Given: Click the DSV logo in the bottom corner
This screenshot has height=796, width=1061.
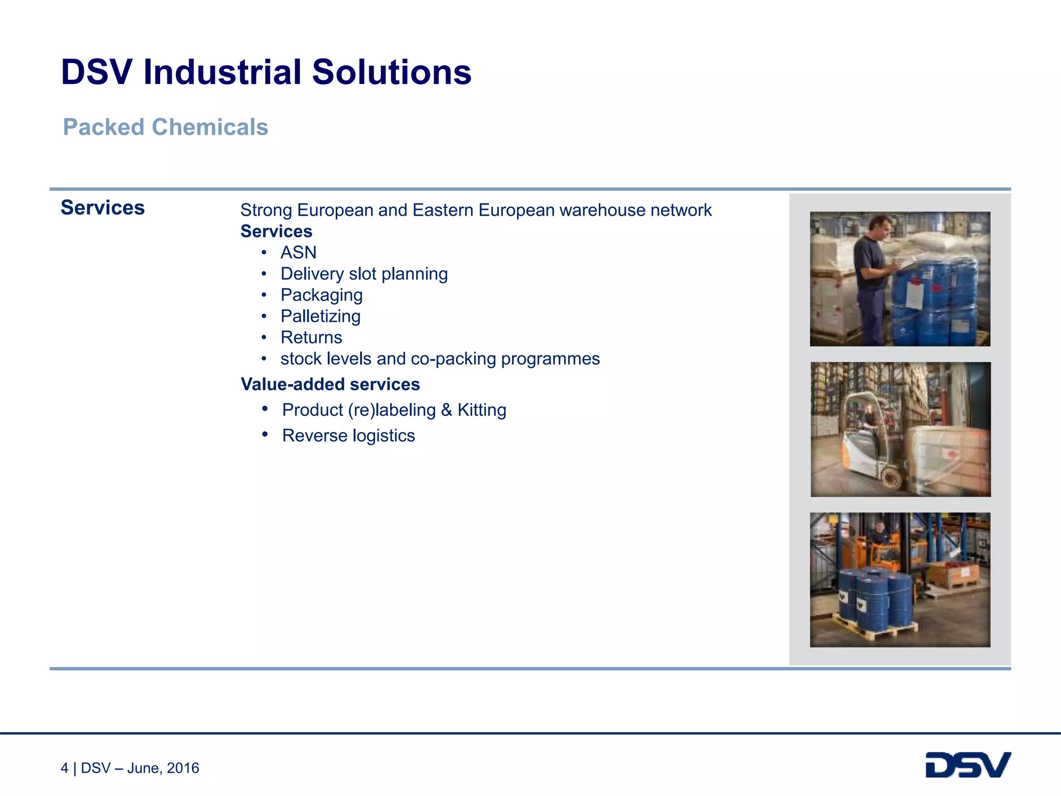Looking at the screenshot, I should point(968,765).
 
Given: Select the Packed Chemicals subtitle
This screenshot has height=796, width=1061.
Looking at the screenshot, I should point(165,127).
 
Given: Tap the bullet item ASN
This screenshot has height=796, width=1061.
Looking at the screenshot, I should point(298,252).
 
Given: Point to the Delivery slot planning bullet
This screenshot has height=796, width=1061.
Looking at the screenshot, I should point(364,274).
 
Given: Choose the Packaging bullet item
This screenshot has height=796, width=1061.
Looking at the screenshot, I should point(321,295).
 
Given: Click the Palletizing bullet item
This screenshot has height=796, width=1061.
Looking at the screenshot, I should point(320,316).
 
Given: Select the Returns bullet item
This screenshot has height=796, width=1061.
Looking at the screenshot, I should point(311,337).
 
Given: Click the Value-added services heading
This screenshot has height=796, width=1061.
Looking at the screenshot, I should point(330,384).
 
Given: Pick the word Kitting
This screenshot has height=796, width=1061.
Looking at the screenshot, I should point(481,410).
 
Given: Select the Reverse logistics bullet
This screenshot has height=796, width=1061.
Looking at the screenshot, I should point(348,435).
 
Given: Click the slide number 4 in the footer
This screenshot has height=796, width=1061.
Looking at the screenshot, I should point(64,768).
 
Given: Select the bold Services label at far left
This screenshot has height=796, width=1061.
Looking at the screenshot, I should point(103,208).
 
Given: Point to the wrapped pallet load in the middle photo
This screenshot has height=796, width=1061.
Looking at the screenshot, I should point(948,456).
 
